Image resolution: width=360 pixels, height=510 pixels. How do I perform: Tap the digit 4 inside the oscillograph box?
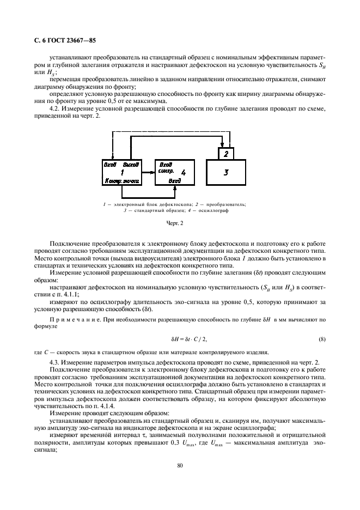pyautogui.click(x=183, y=172)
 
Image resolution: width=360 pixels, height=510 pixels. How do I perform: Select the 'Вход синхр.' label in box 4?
pyautogui.click(x=166, y=167)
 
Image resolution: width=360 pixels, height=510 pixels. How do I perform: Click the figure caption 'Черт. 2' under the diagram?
pyautogui.click(x=179, y=222)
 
